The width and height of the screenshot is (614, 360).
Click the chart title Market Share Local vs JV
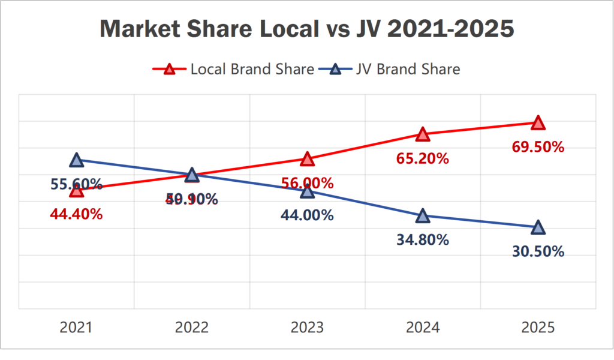coord(306,29)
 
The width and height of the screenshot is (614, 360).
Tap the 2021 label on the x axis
coord(76,328)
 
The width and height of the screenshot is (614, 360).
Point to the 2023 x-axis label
coord(307,328)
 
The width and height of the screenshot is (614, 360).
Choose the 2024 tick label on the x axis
coord(423,328)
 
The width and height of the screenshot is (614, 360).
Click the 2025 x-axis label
coord(538,328)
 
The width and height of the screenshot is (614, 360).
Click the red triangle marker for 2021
coord(76,190)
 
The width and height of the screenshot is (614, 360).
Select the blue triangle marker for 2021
coord(76,160)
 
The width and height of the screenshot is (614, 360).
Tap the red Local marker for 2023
coord(307,159)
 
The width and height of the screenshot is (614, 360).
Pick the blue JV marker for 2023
coord(307,191)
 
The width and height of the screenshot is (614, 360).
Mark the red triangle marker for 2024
coord(423,134)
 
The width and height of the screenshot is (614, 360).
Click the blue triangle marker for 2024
coord(423,215)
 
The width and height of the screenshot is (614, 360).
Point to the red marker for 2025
coord(538,122)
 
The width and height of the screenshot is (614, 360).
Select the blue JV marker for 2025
coord(538,227)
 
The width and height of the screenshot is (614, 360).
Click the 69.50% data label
coord(538,146)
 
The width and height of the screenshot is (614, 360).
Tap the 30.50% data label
coord(538,252)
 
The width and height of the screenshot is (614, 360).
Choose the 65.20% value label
coord(423,159)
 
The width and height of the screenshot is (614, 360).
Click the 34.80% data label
coord(423,240)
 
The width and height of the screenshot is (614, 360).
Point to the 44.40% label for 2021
coord(76,214)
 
